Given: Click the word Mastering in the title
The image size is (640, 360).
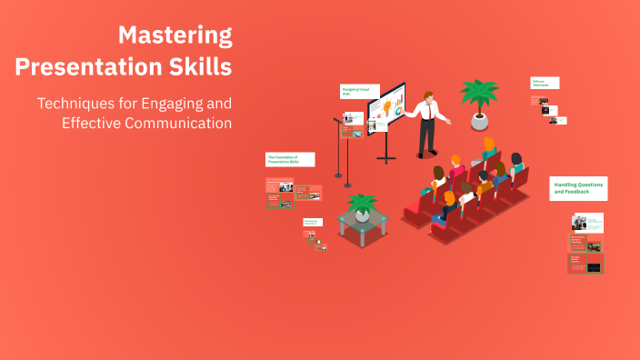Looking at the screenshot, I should [175, 36].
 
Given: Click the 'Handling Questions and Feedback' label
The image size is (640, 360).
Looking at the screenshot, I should [578, 188].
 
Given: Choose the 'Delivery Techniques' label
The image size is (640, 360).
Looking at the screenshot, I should [545, 83].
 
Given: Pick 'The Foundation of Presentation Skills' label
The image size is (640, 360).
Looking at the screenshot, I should [290, 158].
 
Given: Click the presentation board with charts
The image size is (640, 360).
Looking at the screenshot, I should [386, 110].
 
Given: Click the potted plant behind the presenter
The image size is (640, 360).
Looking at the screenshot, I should [478, 95].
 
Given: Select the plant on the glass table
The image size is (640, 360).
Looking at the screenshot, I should [363, 205].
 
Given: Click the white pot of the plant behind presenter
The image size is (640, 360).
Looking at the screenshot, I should [478, 121].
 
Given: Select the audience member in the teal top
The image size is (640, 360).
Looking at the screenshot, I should [515, 165].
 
